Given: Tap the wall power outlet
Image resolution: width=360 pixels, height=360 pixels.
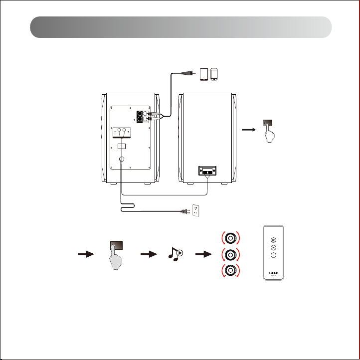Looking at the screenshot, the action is point(196,210).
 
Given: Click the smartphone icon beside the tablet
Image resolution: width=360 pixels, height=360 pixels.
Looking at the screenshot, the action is point(214,74).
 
